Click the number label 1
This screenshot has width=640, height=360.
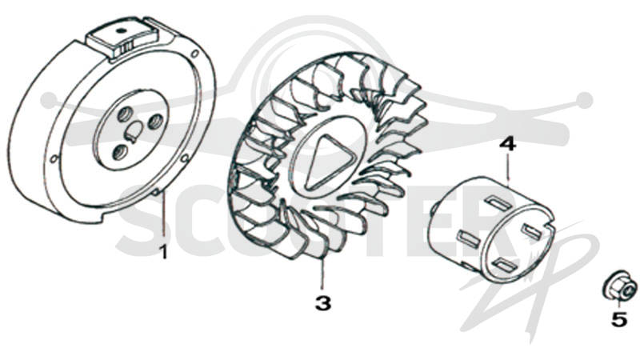click(163, 252)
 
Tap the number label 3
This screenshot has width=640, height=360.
click(323, 303)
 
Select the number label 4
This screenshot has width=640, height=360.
click(508, 145)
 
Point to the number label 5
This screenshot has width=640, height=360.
click(619, 319)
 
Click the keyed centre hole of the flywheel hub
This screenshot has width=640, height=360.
click(133, 131)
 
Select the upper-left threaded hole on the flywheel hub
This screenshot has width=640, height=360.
click(124, 115)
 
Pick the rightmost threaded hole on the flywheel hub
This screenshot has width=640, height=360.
click(155, 122)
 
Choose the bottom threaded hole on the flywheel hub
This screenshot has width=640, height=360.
click(119, 152)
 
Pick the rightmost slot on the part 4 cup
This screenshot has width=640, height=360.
click(533, 230)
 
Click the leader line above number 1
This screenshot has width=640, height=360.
click(163, 216)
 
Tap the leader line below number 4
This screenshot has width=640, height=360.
click(508, 166)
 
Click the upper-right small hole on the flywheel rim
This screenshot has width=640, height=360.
click(195, 53)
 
